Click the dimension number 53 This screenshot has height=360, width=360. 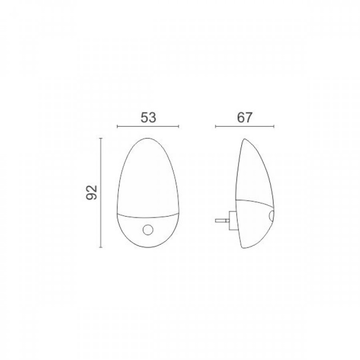pyautogui.click(x=148, y=117)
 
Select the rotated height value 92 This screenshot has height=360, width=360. pyautogui.click(x=92, y=193)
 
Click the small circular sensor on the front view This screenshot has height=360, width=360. pyautogui.click(x=148, y=230)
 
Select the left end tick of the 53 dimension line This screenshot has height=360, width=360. pyautogui.click(x=117, y=127)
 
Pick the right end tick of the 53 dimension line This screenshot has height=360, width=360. pyautogui.click(x=179, y=127)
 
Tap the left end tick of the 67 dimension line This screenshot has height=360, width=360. pyautogui.click(x=216, y=127)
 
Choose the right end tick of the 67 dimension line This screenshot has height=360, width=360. pyautogui.click(x=274, y=127)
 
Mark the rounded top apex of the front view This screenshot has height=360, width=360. pyautogui.click(x=147, y=138)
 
